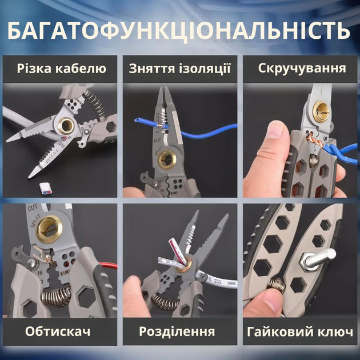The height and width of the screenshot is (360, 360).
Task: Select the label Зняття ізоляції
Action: point(179,69)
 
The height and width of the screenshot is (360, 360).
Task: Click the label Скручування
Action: point(302,69)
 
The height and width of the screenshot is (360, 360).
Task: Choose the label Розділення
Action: point(179,331)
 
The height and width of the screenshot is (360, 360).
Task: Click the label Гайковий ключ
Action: point(301,331)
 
